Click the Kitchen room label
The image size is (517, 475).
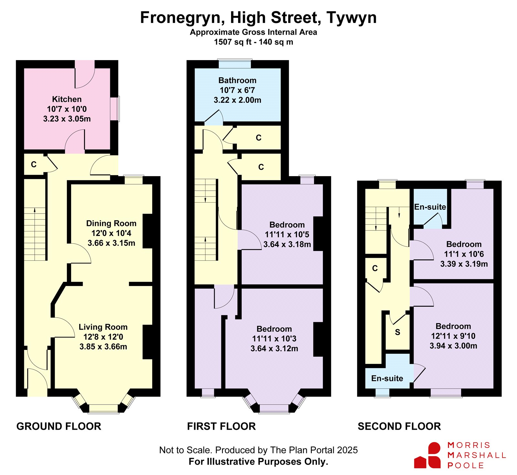tap(67, 99)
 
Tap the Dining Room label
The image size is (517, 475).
tap(111, 223)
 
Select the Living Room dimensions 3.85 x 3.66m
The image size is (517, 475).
tap(103, 347)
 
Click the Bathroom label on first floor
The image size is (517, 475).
tap(237, 80)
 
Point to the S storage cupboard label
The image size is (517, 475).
tap(397, 332)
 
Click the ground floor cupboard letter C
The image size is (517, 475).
tap(34, 164)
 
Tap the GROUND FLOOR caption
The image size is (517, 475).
tap(59, 426)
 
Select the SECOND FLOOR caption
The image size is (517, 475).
tap(399, 426)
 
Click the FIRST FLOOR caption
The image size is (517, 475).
tap(221, 426)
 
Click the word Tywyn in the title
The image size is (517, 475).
tap(352, 18)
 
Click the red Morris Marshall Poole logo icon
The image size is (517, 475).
tap(427, 455)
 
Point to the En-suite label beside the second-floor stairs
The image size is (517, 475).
tap(430, 207)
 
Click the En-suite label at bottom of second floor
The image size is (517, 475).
tap(387, 378)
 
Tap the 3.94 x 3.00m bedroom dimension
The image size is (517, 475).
tap(453, 346)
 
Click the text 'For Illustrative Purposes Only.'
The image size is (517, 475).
tap(258, 462)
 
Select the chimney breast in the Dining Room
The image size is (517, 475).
tap(148, 231)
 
